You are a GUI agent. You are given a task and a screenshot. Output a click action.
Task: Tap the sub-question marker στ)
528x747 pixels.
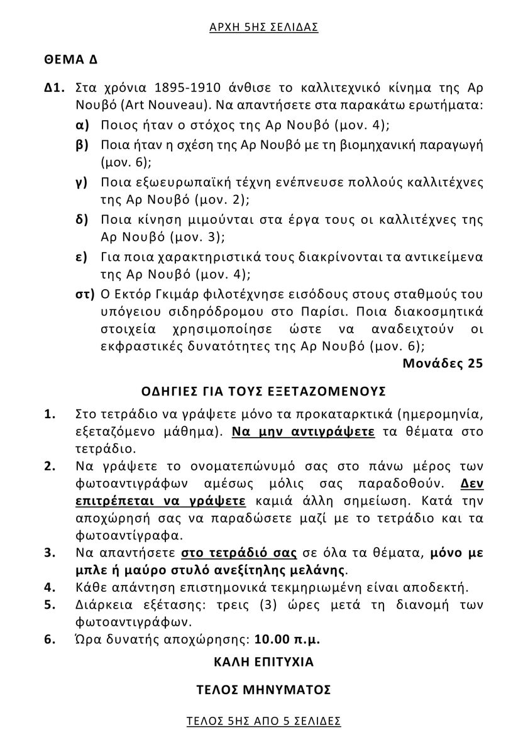[x=84, y=294]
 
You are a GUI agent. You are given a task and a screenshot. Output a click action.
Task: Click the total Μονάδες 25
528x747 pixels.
[x=443, y=363]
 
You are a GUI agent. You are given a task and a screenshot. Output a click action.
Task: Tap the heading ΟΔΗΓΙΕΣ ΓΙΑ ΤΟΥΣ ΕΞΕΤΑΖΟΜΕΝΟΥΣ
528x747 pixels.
[x=263, y=390]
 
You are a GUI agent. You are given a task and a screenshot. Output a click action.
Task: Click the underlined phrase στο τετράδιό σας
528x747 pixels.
[x=239, y=553]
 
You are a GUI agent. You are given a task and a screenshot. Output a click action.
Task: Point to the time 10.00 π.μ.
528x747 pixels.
[x=287, y=639]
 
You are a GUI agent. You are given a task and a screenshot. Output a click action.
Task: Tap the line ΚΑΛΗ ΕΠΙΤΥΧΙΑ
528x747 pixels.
[x=263, y=661]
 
